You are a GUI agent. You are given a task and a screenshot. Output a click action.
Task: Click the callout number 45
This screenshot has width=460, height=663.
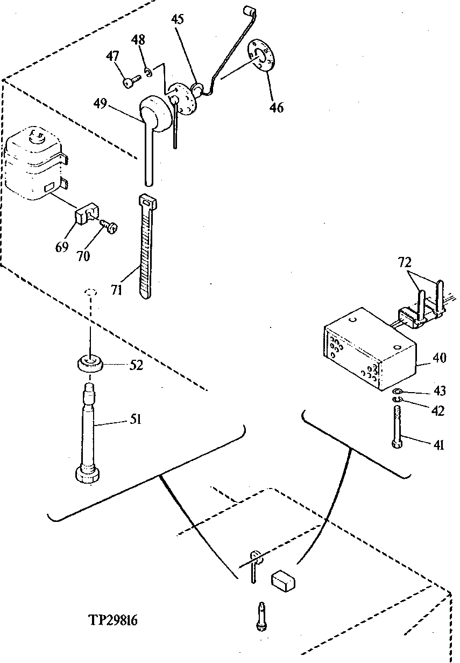pyautogui.click(x=178, y=19)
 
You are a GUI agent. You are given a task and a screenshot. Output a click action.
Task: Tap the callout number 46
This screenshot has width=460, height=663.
pyautogui.click(x=277, y=108)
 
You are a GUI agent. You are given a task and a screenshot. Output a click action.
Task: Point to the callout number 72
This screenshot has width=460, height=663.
pyautogui.click(x=405, y=263)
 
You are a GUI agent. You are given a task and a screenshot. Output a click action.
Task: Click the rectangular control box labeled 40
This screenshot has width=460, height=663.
pyautogui.click(x=370, y=349)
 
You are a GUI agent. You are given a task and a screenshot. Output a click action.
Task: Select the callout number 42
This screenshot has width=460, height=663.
pyautogui.click(x=438, y=411)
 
